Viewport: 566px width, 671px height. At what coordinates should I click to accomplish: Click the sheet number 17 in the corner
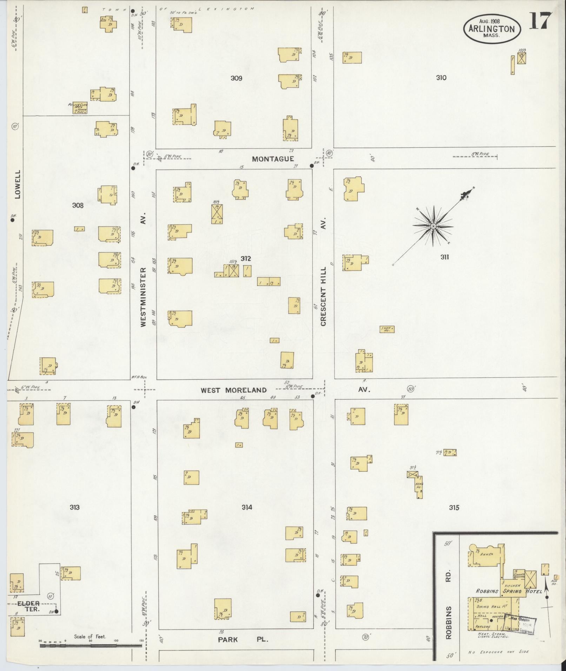[541, 21]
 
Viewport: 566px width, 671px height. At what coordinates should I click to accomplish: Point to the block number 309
[236, 78]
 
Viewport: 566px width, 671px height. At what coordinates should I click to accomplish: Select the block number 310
[441, 78]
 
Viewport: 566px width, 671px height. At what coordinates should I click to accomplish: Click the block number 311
[445, 257]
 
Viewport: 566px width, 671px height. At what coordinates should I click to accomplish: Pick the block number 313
[74, 507]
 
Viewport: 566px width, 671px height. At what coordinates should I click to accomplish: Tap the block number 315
[454, 508]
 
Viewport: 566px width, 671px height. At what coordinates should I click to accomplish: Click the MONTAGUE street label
[273, 159]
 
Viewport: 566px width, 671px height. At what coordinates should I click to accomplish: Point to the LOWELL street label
[18, 184]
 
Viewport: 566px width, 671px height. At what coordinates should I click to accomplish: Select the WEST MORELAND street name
[234, 390]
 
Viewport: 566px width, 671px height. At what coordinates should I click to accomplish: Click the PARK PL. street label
[243, 639]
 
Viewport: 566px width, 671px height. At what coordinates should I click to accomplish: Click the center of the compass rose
[433, 226]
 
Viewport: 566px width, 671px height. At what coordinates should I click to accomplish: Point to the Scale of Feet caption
[90, 637]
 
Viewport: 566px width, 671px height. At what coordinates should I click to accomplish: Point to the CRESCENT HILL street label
[323, 296]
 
